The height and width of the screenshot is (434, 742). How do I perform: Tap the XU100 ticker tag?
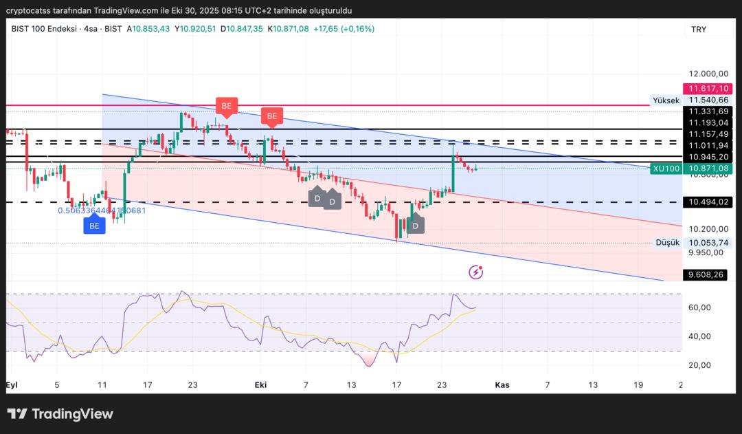click(666, 169)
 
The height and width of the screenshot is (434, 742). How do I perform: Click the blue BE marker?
click(94, 225)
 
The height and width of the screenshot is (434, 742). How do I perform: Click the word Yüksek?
click(666, 100)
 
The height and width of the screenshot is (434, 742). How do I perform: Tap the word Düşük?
click(667, 243)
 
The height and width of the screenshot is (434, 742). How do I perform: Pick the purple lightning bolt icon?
click(475, 272)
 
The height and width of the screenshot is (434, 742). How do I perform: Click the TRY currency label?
click(699, 30)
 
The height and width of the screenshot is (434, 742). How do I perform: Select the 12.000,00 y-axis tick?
click(708, 74)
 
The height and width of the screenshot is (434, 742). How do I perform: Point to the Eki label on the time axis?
click(260, 385)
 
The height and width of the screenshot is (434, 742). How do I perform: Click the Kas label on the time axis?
click(502, 385)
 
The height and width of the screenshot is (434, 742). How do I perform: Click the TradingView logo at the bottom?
click(60, 414)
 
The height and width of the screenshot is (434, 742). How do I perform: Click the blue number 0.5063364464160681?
click(102, 210)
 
